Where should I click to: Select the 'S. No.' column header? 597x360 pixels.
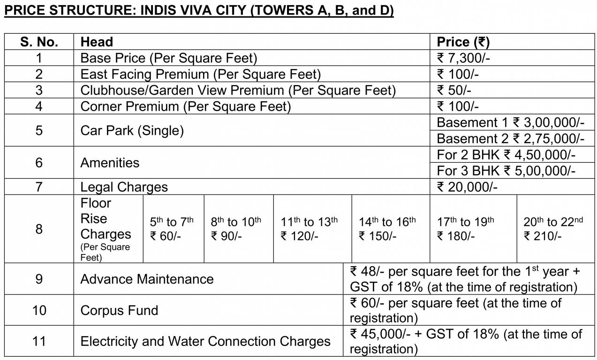click(x=39, y=42)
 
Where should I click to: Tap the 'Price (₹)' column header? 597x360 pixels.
click(x=463, y=42)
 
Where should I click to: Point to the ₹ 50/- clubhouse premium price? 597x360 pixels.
click(x=454, y=90)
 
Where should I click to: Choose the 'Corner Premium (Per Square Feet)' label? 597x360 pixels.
click(x=186, y=106)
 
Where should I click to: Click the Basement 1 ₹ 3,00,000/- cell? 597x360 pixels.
click(x=510, y=123)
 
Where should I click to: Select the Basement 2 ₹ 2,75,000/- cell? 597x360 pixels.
click(x=510, y=139)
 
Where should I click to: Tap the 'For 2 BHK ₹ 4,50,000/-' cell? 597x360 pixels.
click(x=506, y=155)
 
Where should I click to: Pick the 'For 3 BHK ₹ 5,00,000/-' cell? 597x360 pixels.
click(x=506, y=171)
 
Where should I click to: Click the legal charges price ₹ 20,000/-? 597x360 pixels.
click(x=467, y=187)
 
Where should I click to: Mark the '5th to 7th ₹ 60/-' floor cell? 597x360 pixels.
click(x=172, y=229)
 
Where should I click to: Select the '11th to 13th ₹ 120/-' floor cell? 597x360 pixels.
click(x=309, y=229)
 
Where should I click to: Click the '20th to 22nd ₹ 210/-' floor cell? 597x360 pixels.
click(x=553, y=229)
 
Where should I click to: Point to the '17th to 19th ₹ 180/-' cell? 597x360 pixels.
click(x=466, y=229)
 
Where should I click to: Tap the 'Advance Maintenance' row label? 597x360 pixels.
click(x=147, y=279)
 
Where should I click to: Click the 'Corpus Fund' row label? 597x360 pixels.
click(x=119, y=310)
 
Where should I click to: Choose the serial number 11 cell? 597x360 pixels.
click(x=39, y=341)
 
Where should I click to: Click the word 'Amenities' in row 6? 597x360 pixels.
click(x=110, y=163)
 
